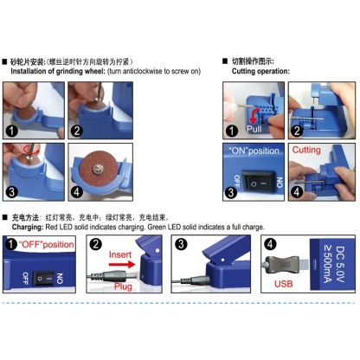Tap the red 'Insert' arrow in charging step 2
[x=121, y=256]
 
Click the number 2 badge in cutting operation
[x=296, y=131]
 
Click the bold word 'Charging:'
[x=29, y=226]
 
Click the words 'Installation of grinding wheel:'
[x=62, y=71]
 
